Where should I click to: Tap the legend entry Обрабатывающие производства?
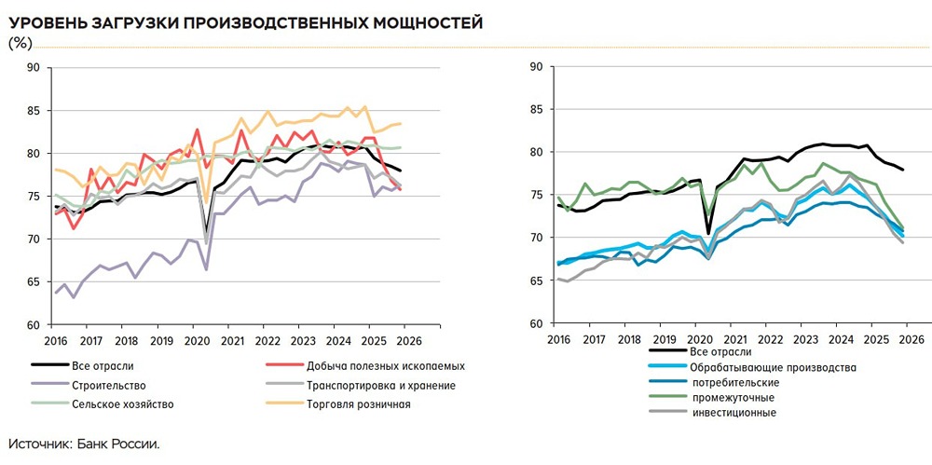[774, 367]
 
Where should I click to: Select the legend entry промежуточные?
[733, 397]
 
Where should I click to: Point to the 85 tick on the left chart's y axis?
[34, 111]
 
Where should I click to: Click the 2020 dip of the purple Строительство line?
[205, 269]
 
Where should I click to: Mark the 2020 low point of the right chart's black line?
[709, 233]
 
